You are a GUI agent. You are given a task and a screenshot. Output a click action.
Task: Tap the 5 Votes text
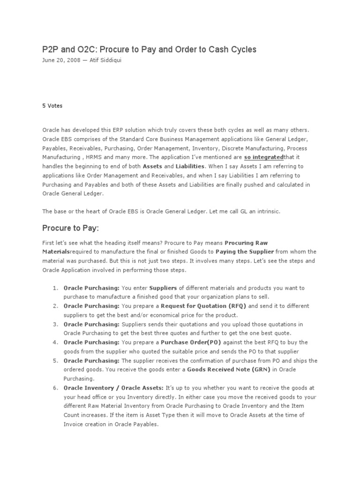[52, 105]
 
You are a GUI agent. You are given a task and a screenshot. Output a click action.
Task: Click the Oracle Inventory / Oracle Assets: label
[113, 388]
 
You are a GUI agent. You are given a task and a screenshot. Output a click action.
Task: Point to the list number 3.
[55, 324]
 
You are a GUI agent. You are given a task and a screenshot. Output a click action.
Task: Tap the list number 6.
[55, 388]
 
